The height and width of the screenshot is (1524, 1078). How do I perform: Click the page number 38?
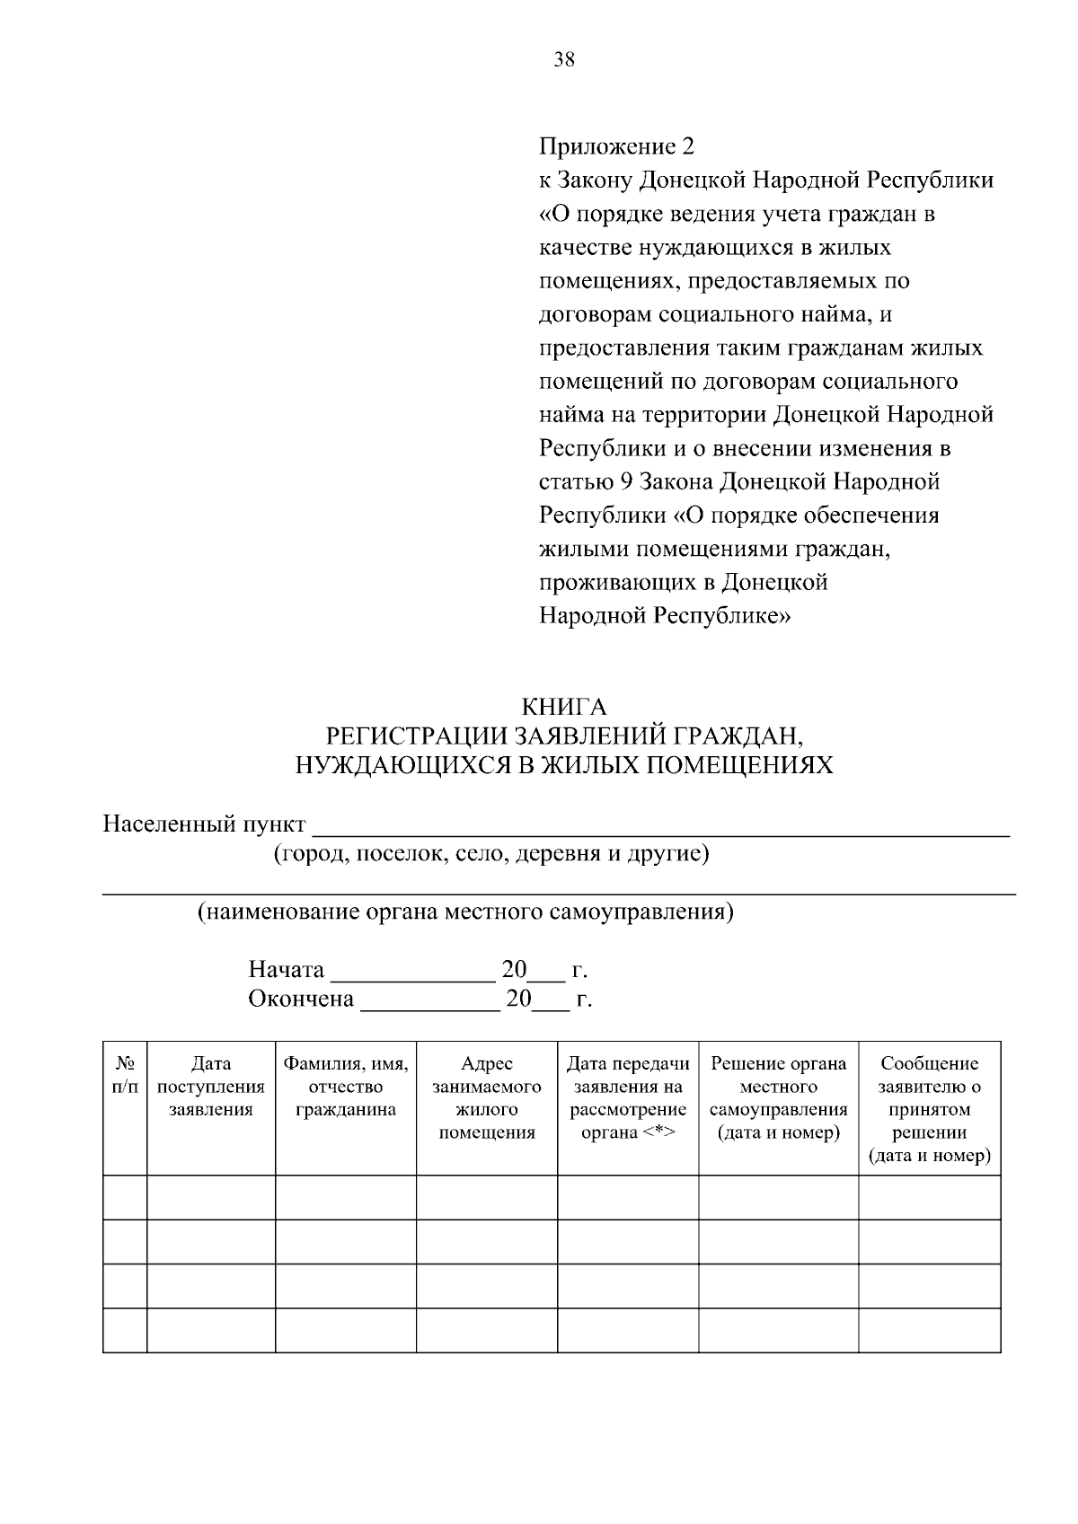[x=564, y=60]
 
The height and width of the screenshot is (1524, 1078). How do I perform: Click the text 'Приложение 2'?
[x=616, y=146]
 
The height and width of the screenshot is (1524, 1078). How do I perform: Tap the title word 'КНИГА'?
[x=564, y=707]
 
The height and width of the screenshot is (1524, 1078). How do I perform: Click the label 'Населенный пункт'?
[x=204, y=824]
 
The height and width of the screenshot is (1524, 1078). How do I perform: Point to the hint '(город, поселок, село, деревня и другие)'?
[x=491, y=853]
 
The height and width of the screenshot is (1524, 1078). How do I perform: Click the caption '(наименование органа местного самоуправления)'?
[x=465, y=912]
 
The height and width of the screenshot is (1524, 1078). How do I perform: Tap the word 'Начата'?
[x=286, y=970]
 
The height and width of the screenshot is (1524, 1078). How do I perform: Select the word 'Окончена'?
[x=301, y=999]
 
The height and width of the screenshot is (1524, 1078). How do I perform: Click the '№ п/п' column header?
[x=125, y=1075]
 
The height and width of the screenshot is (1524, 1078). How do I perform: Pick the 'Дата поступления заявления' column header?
[x=211, y=1087]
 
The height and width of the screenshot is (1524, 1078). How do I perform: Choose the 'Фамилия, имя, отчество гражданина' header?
[x=346, y=1087]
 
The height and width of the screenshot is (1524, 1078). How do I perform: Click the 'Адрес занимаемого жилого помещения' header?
[x=487, y=1097]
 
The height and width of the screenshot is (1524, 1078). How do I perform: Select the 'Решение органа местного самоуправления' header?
[x=779, y=1097]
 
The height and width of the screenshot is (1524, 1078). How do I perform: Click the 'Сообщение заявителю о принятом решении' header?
[x=930, y=1109]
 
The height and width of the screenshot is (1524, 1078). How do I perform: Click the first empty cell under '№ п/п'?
[x=125, y=1197]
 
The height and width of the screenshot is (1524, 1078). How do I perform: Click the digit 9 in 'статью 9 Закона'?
[x=625, y=482]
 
